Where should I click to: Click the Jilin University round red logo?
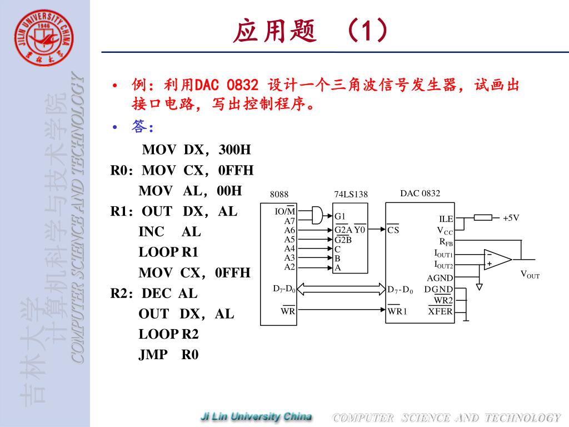click(44, 38)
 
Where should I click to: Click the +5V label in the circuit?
click(511, 218)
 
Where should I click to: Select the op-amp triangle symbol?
click(496, 259)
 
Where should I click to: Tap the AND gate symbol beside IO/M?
click(317, 215)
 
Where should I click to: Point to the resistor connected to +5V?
click(483, 217)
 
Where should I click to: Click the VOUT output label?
click(530, 274)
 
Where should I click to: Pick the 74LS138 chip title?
click(351, 195)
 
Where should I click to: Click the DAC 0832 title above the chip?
click(420, 193)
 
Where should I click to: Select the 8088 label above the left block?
click(279, 195)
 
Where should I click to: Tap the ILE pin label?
click(446, 220)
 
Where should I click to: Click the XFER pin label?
click(441, 311)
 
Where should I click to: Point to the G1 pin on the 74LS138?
click(340, 216)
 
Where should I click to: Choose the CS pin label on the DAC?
click(393, 230)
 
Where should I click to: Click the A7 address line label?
click(290, 221)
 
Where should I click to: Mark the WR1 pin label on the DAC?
click(397, 311)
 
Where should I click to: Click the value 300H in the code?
click(234, 150)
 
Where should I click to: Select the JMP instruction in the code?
click(153, 355)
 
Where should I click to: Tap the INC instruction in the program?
click(151, 232)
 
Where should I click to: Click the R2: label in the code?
click(122, 294)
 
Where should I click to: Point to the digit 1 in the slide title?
click(366, 31)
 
